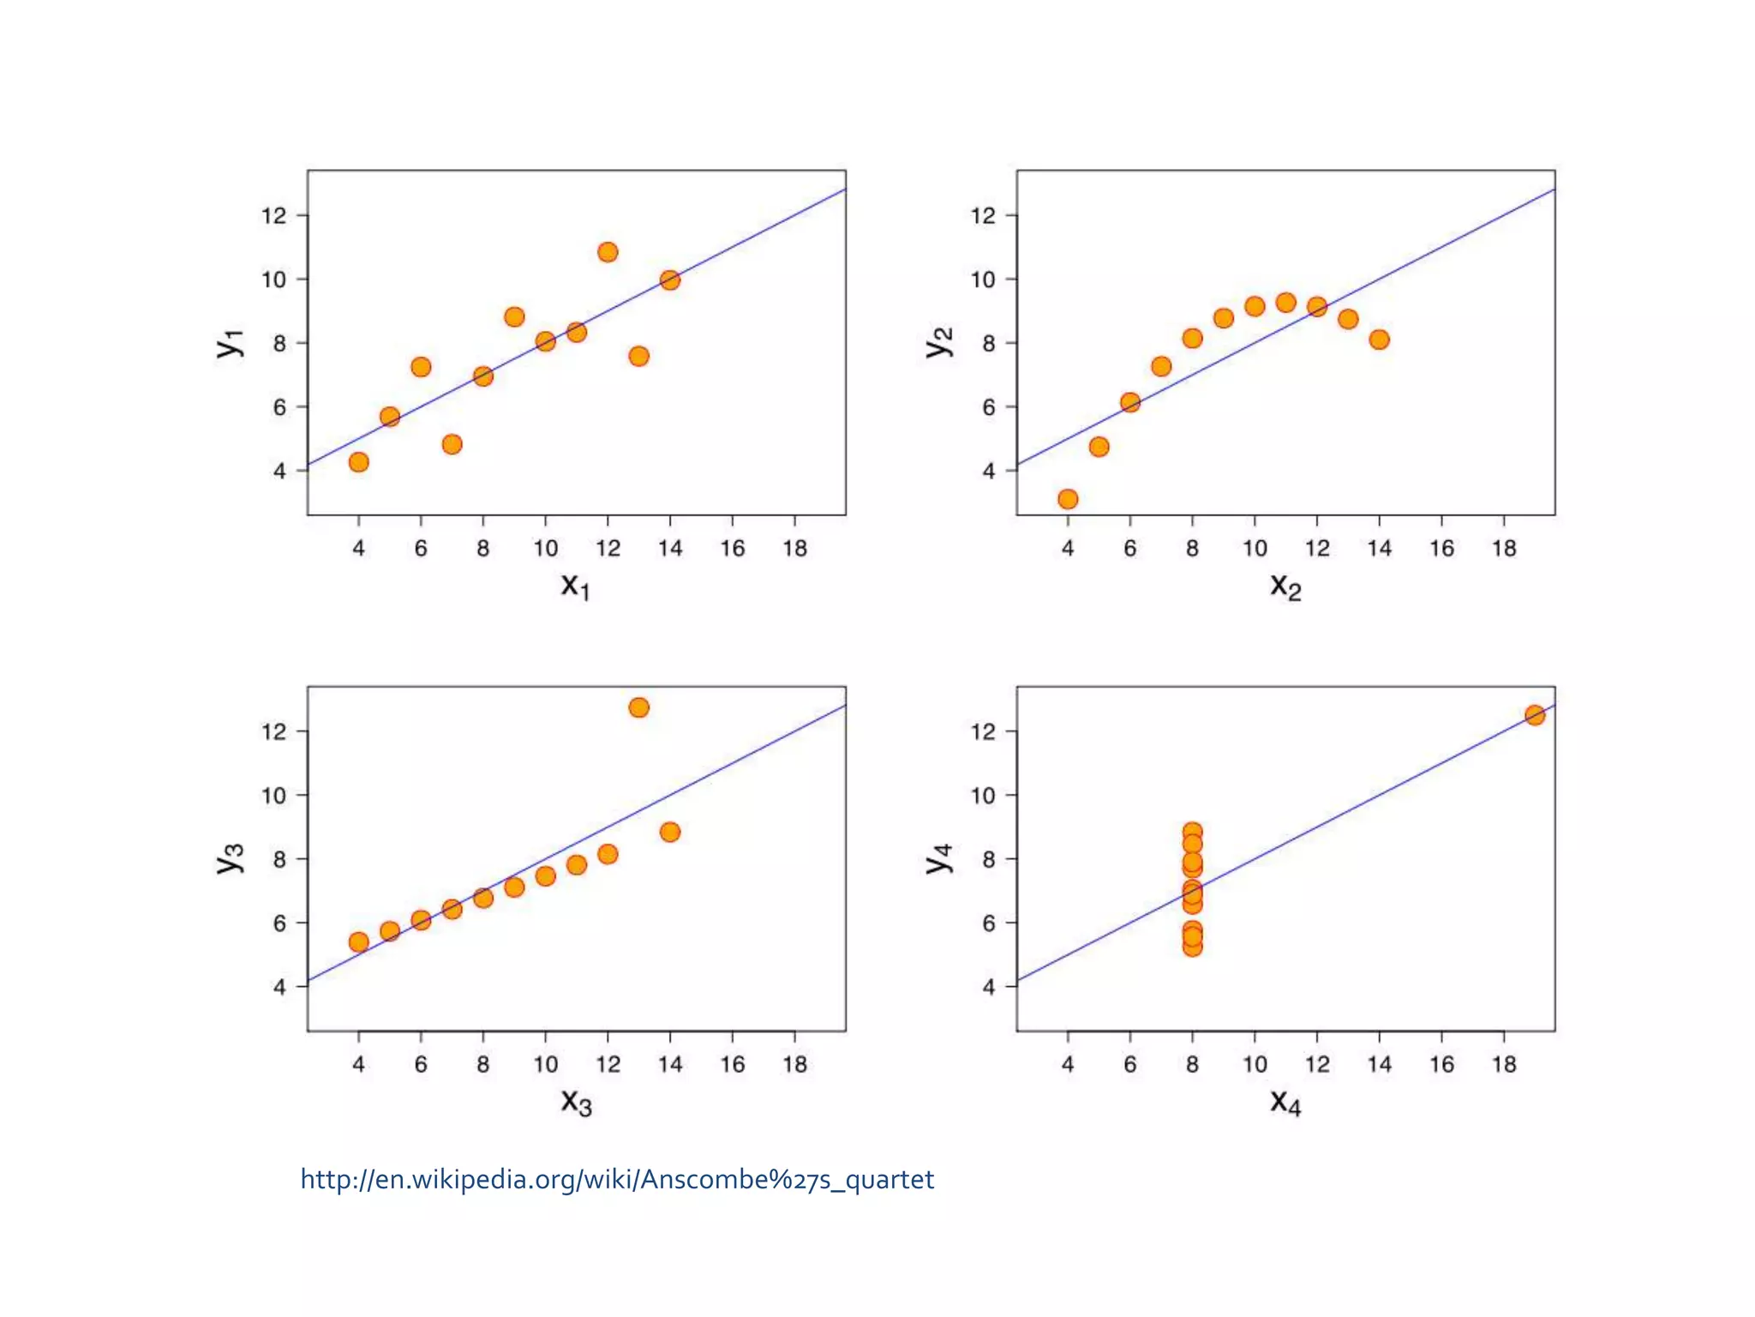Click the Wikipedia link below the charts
pyautogui.click(x=617, y=1180)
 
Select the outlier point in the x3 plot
pyautogui.click(x=638, y=707)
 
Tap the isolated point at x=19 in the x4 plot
pyautogui.click(x=1535, y=715)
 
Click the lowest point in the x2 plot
pyautogui.click(x=1068, y=499)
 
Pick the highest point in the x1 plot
pyautogui.click(x=608, y=252)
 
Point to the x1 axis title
pyautogui.click(x=575, y=586)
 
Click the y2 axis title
pyautogui.click(x=939, y=342)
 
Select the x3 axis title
pyautogui.click(x=576, y=1103)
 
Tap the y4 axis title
pyautogui.click(x=939, y=858)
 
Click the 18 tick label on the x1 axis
pyautogui.click(x=794, y=549)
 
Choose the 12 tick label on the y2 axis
pyautogui.click(x=983, y=216)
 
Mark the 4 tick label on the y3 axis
pyautogui.click(x=279, y=987)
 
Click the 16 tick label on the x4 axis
pyautogui.click(x=1441, y=1065)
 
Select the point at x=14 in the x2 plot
pyautogui.click(x=1379, y=340)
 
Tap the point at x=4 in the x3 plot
pyautogui.click(x=359, y=942)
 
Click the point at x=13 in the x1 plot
pyautogui.click(x=638, y=356)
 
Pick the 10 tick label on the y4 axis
pyautogui.click(x=983, y=796)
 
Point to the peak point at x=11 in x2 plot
pyautogui.click(x=1285, y=303)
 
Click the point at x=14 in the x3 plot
pyautogui.click(x=670, y=832)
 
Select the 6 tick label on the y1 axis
pyautogui.click(x=279, y=407)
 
